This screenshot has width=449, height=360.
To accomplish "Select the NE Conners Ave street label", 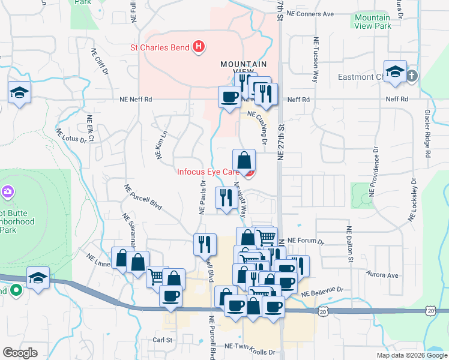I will [x=310, y=13].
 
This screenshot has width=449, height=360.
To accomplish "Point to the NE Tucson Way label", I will [x=315, y=60].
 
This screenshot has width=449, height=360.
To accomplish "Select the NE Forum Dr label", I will [x=306, y=241].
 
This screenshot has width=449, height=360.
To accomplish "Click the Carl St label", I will [x=163, y=340].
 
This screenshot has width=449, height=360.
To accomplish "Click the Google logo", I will [x=20, y=353].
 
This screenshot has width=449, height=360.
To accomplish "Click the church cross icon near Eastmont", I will [x=411, y=76].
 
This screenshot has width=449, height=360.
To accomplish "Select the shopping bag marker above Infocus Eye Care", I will [x=244, y=161].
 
